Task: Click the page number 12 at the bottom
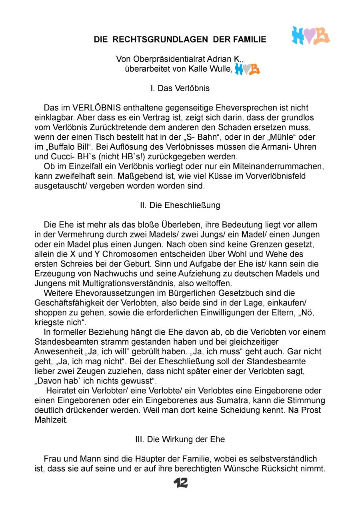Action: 180,483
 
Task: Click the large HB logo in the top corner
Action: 311,36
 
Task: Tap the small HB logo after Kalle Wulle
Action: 248,69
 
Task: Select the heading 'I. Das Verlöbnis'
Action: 180,88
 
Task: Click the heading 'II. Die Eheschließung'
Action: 180,205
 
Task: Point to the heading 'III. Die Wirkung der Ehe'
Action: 180,439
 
